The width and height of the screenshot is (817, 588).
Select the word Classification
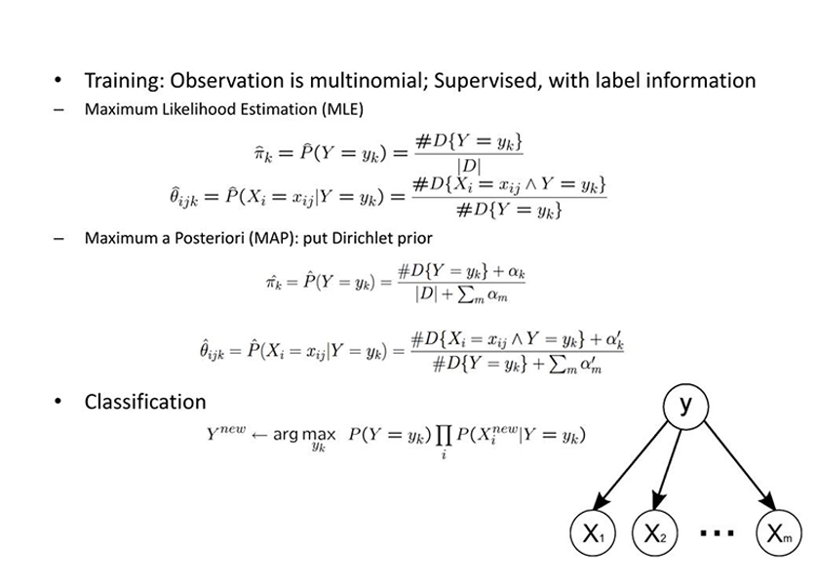coord(145,402)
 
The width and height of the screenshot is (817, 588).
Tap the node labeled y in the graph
coord(685,405)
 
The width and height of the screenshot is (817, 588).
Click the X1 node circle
coord(594,532)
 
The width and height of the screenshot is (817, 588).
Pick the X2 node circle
coord(657,532)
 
